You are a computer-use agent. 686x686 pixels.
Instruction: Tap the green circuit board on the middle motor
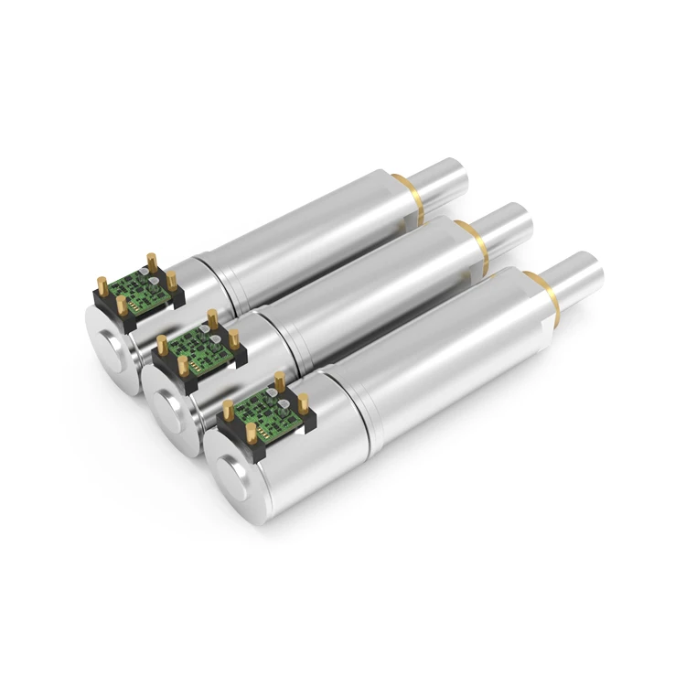point(194,349)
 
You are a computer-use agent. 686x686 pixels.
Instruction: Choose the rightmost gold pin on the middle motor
point(236,343)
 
